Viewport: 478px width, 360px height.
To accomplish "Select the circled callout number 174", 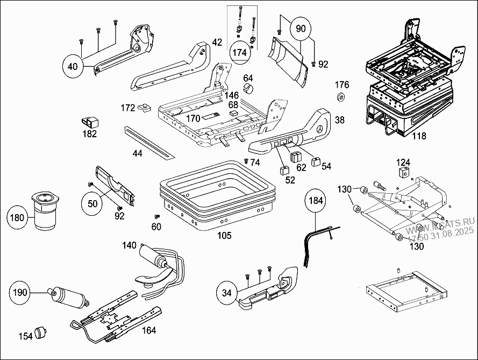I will point(240,52).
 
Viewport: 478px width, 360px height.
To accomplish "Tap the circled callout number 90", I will point(300,28).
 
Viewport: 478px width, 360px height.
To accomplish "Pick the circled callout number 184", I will point(315,201).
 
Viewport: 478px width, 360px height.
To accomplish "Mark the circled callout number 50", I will point(92,203).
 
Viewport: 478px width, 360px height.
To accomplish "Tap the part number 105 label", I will point(224,236).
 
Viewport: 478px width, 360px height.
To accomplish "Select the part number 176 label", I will point(342,85).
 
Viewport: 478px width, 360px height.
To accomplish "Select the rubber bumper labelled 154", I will point(41,333).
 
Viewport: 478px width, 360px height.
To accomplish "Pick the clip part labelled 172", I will point(145,108).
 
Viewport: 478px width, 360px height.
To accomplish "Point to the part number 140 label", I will point(130,245).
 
